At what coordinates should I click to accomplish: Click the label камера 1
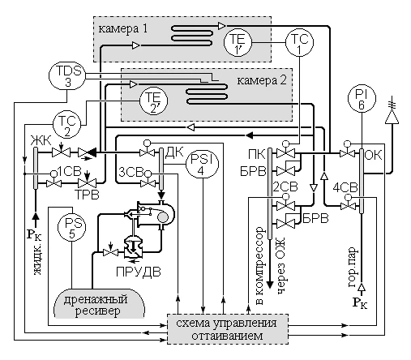click(123, 28)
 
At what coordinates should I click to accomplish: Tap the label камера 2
click(262, 80)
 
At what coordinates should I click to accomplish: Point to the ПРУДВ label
click(139, 272)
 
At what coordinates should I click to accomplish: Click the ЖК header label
click(41, 141)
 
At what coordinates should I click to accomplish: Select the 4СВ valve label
click(345, 187)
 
